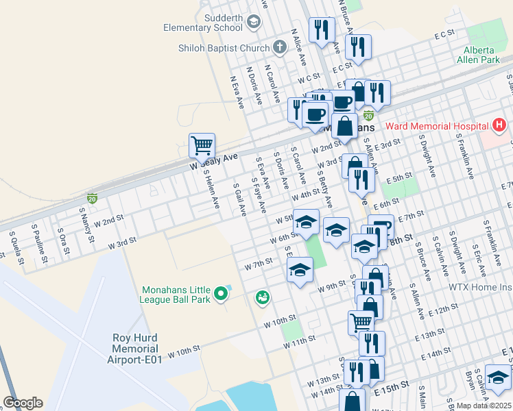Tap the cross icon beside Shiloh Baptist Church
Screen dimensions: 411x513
278,47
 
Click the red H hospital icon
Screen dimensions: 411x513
499,126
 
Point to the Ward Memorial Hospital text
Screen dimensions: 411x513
436,126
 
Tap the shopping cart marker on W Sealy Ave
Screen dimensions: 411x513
202,146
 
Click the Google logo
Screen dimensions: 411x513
23,403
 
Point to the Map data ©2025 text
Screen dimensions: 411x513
484,406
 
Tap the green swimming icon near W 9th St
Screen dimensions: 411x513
261,297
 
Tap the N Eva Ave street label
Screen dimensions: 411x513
237,92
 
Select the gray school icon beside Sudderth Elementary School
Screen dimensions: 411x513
253,23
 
